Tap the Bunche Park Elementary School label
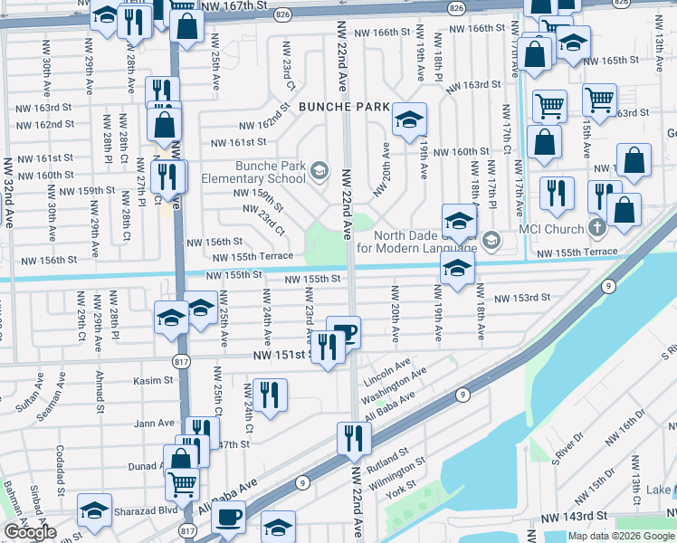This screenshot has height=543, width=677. pyautogui.click(x=271, y=172)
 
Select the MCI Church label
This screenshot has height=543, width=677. pyautogui.click(x=552, y=229)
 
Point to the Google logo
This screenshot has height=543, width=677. pyautogui.click(x=30, y=532)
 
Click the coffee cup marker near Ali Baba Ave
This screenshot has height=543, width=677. pyautogui.click(x=229, y=517)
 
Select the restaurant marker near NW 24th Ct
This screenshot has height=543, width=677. pyautogui.click(x=270, y=394)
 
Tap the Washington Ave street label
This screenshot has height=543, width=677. pyautogui.click(x=395, y=386)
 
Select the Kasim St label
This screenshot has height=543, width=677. pyautogui.click(x=153, y=381)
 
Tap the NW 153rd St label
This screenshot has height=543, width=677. pyautogui.click(x=523, y=297)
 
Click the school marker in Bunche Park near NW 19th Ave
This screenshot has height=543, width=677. pyautogui.click(x=409, y=119)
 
